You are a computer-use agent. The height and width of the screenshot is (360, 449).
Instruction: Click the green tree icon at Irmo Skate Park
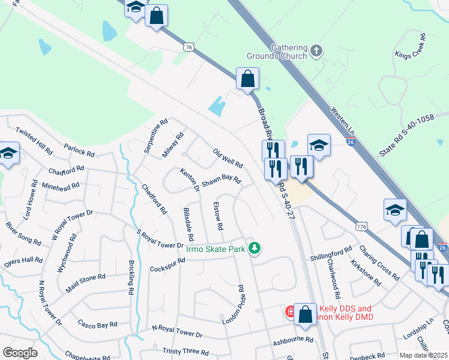[255, 248]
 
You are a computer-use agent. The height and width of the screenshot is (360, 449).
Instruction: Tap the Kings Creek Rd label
[411, 46]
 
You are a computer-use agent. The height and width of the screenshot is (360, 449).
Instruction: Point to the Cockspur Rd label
[167, 265]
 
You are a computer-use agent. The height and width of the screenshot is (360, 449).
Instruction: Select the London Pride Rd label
[234, 305]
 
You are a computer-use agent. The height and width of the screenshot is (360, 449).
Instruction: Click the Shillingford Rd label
[331, 254]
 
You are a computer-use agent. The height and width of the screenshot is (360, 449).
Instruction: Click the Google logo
[20, 353]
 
